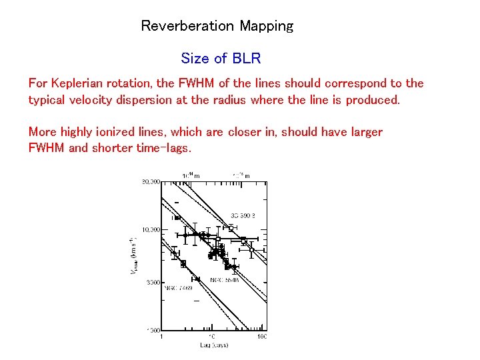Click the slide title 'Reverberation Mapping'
217,26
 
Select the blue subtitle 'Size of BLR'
221,58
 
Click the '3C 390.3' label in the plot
243,215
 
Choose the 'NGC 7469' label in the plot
179,288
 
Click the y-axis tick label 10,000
150,229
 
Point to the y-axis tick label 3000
153,282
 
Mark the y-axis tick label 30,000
150,181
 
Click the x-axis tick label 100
263,337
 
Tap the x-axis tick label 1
161,337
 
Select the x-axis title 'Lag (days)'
213,345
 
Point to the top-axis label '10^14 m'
191,175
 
